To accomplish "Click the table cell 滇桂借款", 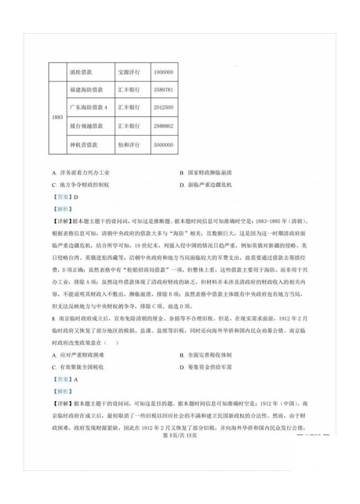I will click(x=84, y=72).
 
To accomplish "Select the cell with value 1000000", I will click(x=163, y=72).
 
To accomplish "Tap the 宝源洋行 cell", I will click(x=129, y=72).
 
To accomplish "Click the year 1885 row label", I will click(x=57, y=118).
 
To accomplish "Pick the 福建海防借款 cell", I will click(x=86, y=90).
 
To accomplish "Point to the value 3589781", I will click(x=163, y=90).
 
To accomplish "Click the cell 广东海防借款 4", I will click(x=89, y=108).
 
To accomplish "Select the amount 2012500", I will click(x=163, y=108).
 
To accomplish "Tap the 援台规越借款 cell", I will click(x=86, y=126).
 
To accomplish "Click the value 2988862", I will click(x=163, y=126).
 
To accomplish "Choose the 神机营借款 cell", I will click(x=84, y=145).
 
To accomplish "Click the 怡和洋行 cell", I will click(x=129, y=145).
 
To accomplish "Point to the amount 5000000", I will click(x=163, y=145).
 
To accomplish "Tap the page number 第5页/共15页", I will click(x=180, y=435).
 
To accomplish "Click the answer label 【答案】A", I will click(x=65, y=379).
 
